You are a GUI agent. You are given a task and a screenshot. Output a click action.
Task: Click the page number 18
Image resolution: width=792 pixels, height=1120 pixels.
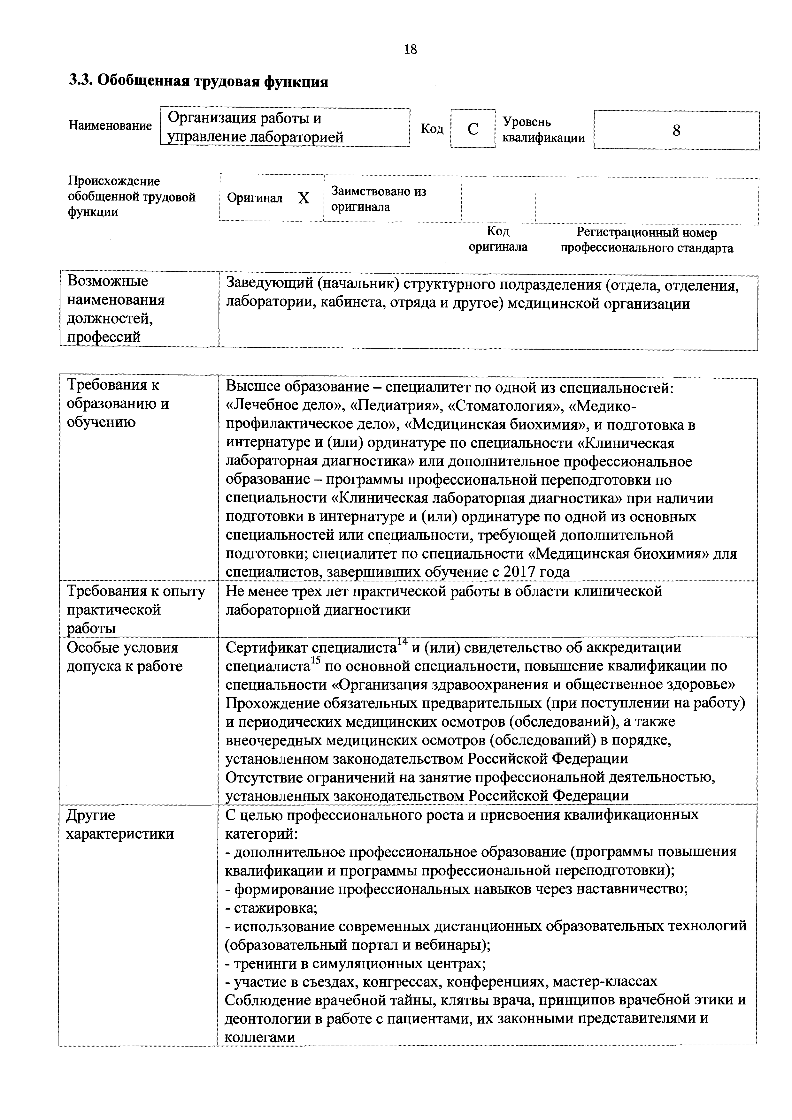pyautogui.click(x=411, y=49)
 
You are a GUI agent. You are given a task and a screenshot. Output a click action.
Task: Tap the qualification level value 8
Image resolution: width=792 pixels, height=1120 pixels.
pyautogui.click(x=676, y=131)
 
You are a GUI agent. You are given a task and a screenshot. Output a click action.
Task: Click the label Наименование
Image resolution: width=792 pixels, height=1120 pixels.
pyautogui.click(x=110, y=126)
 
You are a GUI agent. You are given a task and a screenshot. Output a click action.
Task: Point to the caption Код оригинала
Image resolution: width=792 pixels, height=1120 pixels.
pyautogui.click(x=498, y=239)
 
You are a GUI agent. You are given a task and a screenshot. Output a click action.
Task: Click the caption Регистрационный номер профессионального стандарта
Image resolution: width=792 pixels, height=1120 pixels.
pyautogui.click(x=647, y=240)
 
